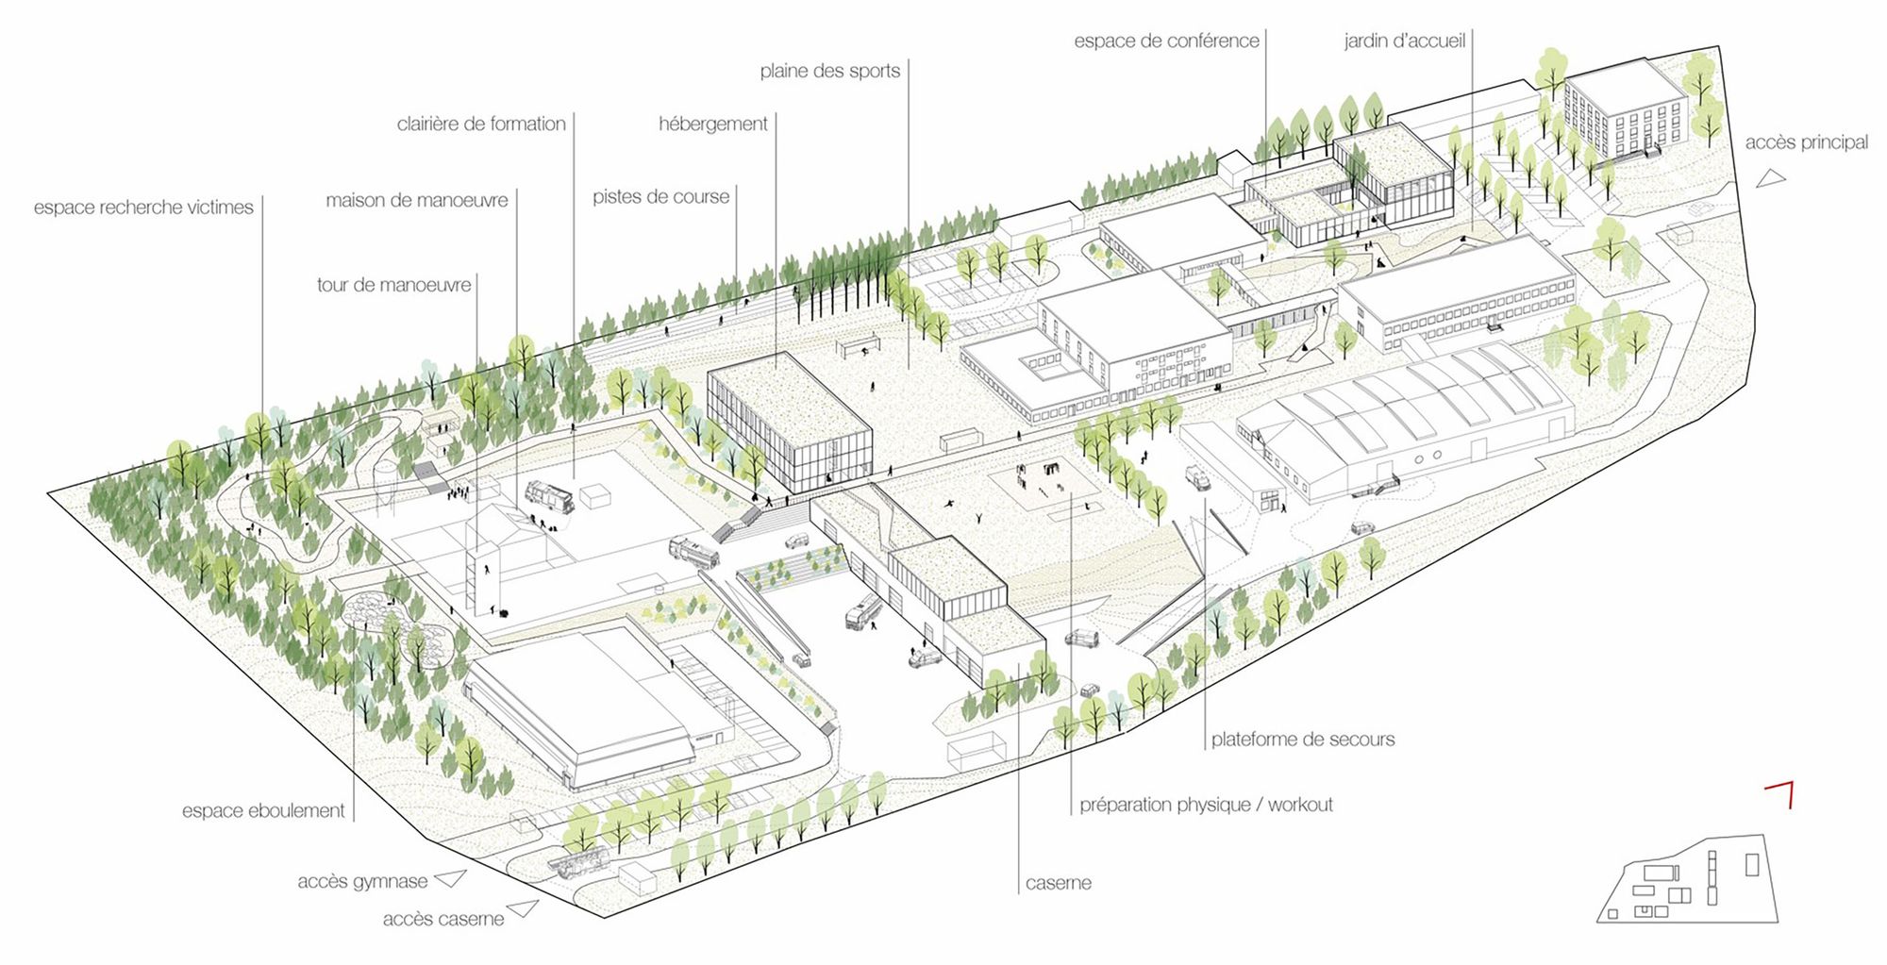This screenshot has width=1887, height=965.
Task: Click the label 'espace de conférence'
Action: (1166, 41)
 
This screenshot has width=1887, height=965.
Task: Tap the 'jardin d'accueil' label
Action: (1404, 41)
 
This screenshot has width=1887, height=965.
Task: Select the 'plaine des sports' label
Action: (829, 71)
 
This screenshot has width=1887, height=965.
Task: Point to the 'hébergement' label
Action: (712, 124)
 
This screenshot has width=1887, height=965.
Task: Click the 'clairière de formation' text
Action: (481, 124)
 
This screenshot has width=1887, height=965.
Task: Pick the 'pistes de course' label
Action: (660, 197)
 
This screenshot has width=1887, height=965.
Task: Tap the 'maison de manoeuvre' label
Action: (416, 200)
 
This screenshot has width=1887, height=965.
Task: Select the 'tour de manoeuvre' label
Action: (393, 285)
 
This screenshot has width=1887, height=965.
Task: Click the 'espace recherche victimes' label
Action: (143, 208)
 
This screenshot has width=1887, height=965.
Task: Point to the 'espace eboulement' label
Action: (263, 810)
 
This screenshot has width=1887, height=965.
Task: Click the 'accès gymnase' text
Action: (362, 882)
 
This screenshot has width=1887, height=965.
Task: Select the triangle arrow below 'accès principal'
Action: (1771, 177)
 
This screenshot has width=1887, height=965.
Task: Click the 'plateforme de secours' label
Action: (1302, 740)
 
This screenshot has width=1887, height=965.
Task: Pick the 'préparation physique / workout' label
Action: (1206, 805)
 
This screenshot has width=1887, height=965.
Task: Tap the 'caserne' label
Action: (1058, 883)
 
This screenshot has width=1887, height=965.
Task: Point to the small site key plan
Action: (1687, 880)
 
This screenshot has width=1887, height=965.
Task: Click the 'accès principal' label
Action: (1806, 142)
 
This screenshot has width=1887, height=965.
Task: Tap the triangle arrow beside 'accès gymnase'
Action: (451, 878)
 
